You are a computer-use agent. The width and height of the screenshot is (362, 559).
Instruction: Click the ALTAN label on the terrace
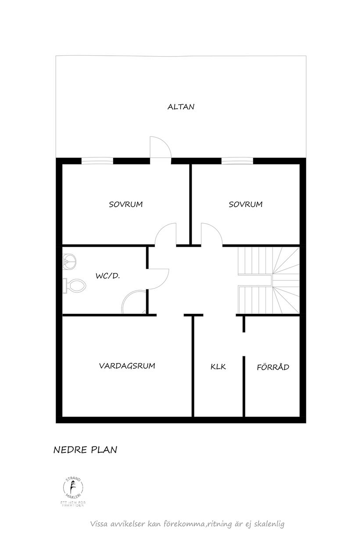(x=181, y=107)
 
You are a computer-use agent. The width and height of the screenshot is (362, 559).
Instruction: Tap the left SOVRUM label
(x=126, y=204)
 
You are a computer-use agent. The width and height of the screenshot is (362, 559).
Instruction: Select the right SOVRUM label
(x=245, y=204)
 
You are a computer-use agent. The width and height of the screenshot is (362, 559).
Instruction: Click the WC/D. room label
(x=108, y=276)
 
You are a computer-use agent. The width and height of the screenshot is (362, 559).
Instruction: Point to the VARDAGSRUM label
(x=127, y=365)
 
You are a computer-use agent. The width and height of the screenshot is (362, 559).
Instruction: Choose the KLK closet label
(x=218, y=367)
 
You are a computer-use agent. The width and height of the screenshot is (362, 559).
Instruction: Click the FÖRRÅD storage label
(x=273, y=367)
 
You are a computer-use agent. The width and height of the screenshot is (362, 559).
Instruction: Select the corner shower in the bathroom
(x=134, y=303)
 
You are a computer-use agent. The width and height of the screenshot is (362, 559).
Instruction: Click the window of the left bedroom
(x=97, y=160)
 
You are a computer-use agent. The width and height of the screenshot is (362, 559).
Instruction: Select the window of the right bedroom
(x=237, y=160)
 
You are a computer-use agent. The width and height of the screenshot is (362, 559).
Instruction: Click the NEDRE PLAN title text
(x=85, y=450)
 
